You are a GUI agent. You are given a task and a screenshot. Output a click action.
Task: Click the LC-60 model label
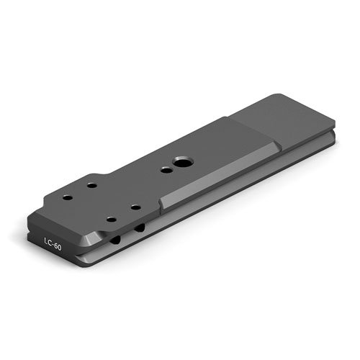click(53, 243)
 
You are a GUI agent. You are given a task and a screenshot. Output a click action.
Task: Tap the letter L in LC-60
click(46, 240)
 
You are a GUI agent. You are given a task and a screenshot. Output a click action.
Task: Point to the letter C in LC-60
click(50, 243)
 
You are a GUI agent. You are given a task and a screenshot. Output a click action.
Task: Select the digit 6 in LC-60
click(55, 246)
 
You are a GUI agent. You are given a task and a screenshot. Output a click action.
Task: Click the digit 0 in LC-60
click(60, 247)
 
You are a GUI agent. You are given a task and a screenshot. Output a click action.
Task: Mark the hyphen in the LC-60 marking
click(53, 244)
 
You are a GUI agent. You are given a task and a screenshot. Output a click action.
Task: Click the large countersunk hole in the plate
click(184, 163)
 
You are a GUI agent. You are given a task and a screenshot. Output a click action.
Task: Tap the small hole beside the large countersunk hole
click(166, 171)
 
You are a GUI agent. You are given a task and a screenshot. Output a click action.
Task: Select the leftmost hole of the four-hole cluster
click(68, 198)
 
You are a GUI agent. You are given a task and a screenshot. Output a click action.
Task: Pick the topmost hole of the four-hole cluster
click(91, 186)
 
